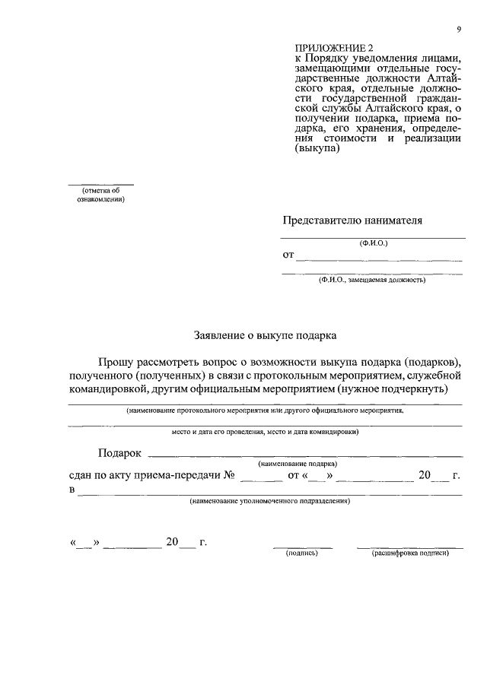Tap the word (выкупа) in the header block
pos(316,150)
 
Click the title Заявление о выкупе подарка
pos(263,334)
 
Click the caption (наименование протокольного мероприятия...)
pos(265,410)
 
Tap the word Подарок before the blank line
pos(120,453)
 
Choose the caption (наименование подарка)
pos(298,463)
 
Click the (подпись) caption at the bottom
pos(302,553)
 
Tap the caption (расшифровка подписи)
pos(410,553)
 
